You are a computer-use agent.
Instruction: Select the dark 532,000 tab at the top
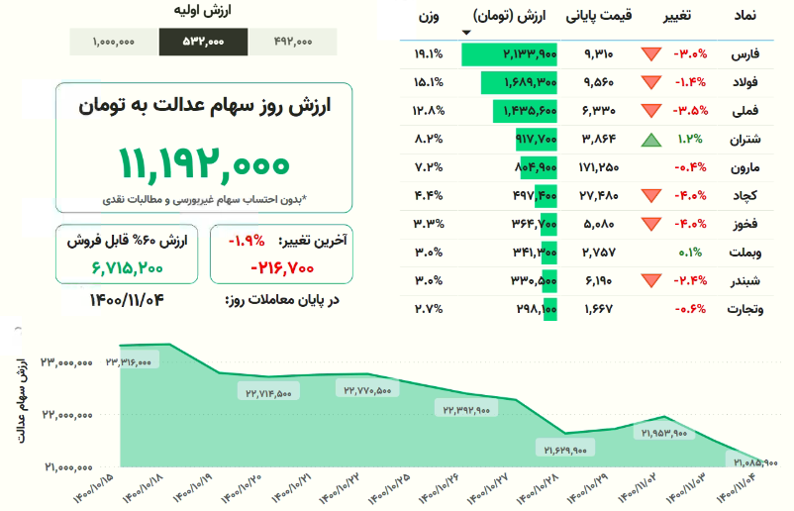(203, 42)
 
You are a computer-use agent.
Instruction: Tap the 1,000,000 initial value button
(114, 42)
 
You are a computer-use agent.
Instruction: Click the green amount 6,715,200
(128, 266)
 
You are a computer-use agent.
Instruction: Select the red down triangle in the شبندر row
(649, 282)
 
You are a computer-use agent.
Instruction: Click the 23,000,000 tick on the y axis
(67, 362)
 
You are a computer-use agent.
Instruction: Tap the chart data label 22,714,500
(264, 393)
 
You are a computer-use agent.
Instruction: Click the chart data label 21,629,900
(565, 449)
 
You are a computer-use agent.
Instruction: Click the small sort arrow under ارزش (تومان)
(467, 32)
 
